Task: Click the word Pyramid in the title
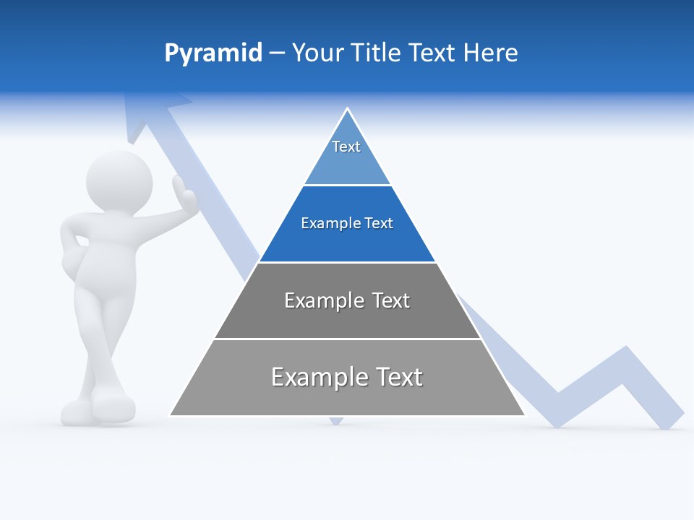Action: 213,53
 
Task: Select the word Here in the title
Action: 490,53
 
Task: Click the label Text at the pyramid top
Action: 346,147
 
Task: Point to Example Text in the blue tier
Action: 347,223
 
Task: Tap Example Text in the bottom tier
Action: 347,377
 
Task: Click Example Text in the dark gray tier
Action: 347,300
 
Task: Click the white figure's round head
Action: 119,181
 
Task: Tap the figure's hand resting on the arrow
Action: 184,195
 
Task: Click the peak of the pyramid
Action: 348,110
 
